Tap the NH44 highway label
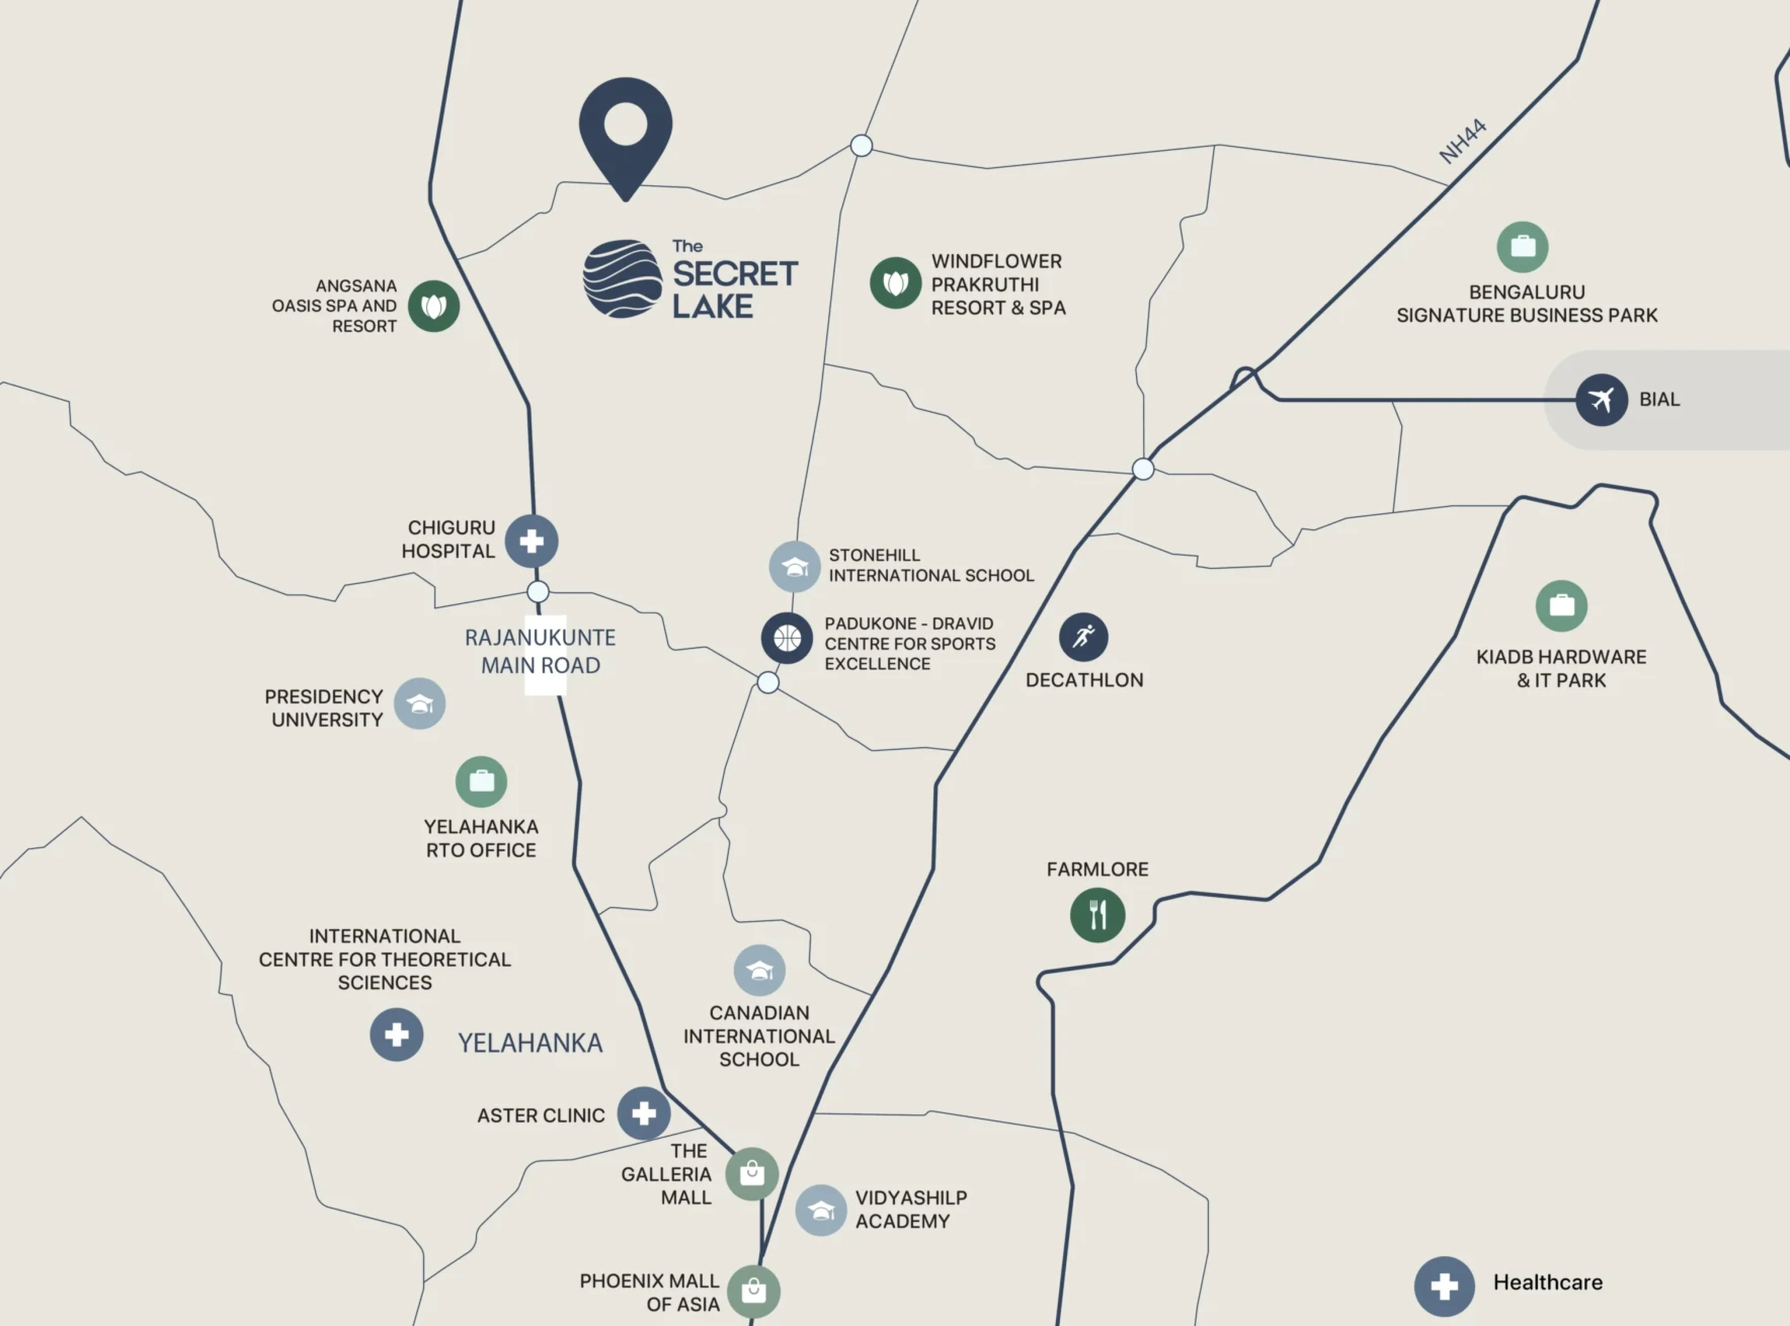pos(1462,141)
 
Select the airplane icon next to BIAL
pos(1601,400)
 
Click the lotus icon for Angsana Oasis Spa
pos(434,306)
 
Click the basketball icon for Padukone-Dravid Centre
pos(787,638)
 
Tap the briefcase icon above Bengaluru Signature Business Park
pos(1522,247)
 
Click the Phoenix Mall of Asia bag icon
pos(753,1292)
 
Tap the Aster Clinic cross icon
pos(644,1113)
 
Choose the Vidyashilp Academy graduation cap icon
pos(821,1210)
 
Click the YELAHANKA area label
pos(530,1043)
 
